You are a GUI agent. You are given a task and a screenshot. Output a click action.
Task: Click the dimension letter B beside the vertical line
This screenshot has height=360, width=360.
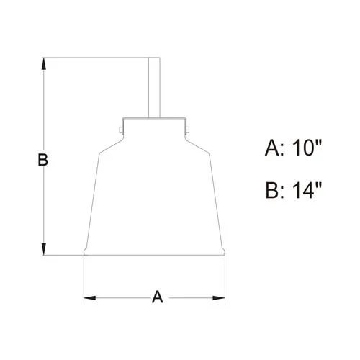42,160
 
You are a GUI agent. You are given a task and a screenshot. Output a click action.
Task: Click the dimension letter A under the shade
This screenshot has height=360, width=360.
156,297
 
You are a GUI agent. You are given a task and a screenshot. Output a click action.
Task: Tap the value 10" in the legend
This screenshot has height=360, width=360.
305,149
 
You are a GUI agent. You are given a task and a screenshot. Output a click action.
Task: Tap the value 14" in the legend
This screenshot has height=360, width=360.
305,191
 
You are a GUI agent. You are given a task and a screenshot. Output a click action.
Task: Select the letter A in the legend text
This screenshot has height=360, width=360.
273,149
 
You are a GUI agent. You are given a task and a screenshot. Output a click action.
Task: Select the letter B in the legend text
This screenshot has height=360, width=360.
273,191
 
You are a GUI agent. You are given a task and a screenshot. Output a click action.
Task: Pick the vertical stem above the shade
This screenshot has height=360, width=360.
153,86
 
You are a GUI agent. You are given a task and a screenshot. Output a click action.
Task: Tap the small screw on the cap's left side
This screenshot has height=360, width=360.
119,130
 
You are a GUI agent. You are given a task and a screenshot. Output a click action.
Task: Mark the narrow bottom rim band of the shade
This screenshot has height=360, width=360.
156,252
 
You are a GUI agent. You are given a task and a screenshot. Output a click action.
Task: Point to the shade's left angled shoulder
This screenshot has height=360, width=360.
108,144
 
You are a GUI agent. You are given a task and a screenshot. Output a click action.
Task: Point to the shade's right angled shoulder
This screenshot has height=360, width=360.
200,144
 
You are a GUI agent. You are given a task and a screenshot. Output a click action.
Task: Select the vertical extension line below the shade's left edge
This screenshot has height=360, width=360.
85,277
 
